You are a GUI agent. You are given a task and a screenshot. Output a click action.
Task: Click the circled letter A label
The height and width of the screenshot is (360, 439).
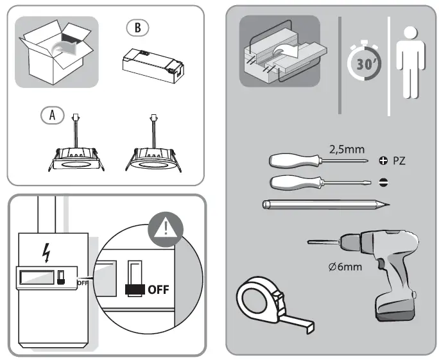point(51,116)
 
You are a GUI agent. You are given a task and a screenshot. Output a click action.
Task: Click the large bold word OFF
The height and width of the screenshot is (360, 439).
point(158,289)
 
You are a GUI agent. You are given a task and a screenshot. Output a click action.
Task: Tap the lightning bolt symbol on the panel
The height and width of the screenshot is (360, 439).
point(46,252)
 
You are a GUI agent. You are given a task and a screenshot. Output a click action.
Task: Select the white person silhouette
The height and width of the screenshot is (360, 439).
point(411,64)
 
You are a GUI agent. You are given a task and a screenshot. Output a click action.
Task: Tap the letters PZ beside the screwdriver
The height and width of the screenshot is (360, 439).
point(399,162)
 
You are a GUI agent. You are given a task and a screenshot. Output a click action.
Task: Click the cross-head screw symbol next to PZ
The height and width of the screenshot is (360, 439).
point(384,162)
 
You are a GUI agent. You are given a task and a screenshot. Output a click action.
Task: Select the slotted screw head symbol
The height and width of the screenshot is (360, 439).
point(384,182)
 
